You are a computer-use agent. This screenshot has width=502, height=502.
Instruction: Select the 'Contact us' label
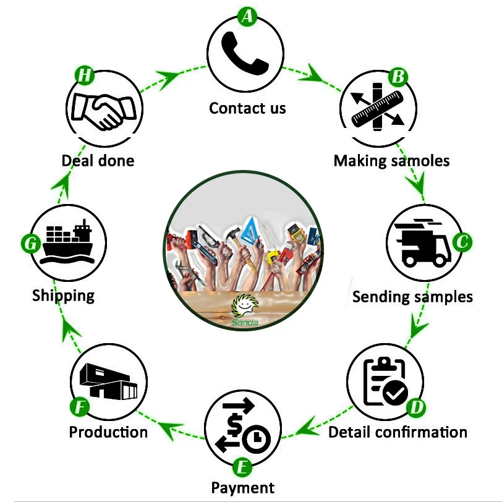pyautogui.click(x=247, y=108)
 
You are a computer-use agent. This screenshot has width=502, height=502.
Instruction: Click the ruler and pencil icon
pyautogui.click(x=377, y=106)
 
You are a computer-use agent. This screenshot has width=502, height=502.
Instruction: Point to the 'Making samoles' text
pyautogui.click(x=391, y=161)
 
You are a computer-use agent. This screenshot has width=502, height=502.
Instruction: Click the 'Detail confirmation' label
pyautogui.click(x=398, y=432)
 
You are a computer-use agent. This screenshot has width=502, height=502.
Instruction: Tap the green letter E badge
pyautogui.click(x=242, y=464)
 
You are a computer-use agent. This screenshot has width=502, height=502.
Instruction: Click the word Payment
pyautogui.click(x=243, y=487)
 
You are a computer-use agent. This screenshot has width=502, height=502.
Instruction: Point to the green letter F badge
pyautogui.click(x=79, y=407)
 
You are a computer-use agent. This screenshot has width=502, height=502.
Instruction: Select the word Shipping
pyautogui.click(x=64, y=295)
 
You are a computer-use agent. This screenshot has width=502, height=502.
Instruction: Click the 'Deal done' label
pyautogui.click(x=98, y=161)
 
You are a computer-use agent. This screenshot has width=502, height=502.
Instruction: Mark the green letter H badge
pyautogui.click(x=85, y=76)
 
